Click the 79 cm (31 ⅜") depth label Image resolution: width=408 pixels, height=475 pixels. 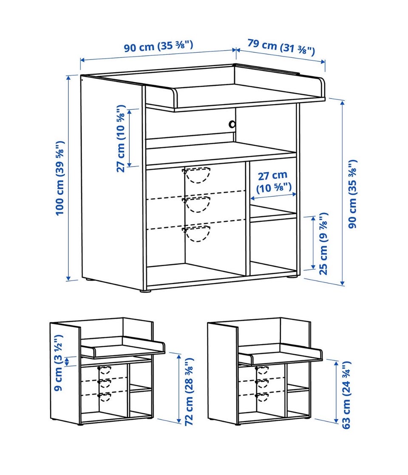[281, 47]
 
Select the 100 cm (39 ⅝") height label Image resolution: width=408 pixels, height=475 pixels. [60, 178]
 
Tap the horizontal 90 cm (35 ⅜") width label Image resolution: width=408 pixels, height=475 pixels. [158, 46]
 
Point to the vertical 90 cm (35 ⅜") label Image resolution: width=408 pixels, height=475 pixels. [352, 194]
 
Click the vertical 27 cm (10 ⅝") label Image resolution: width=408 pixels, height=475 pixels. [121, 139]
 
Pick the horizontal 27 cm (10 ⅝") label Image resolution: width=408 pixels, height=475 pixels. [273, 182]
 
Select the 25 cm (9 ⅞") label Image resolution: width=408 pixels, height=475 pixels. [323, 243]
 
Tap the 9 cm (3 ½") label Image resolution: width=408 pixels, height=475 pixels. [59, 362]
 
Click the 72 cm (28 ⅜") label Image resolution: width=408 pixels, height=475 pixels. [189, 392]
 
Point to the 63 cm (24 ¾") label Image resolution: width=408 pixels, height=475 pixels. [346, 395]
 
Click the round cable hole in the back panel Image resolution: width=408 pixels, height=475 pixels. [232, 124]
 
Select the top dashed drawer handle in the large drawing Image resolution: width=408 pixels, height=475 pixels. [197, 175]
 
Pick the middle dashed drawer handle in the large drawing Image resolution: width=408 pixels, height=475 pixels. [197, 204]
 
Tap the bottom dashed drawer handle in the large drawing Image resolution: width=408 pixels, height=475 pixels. [197, 233]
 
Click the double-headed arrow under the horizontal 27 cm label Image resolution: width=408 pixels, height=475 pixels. [273, 197]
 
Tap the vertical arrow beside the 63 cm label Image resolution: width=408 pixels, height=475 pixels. [336, 391]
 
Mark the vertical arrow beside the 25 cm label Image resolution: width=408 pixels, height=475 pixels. [313, 243]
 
